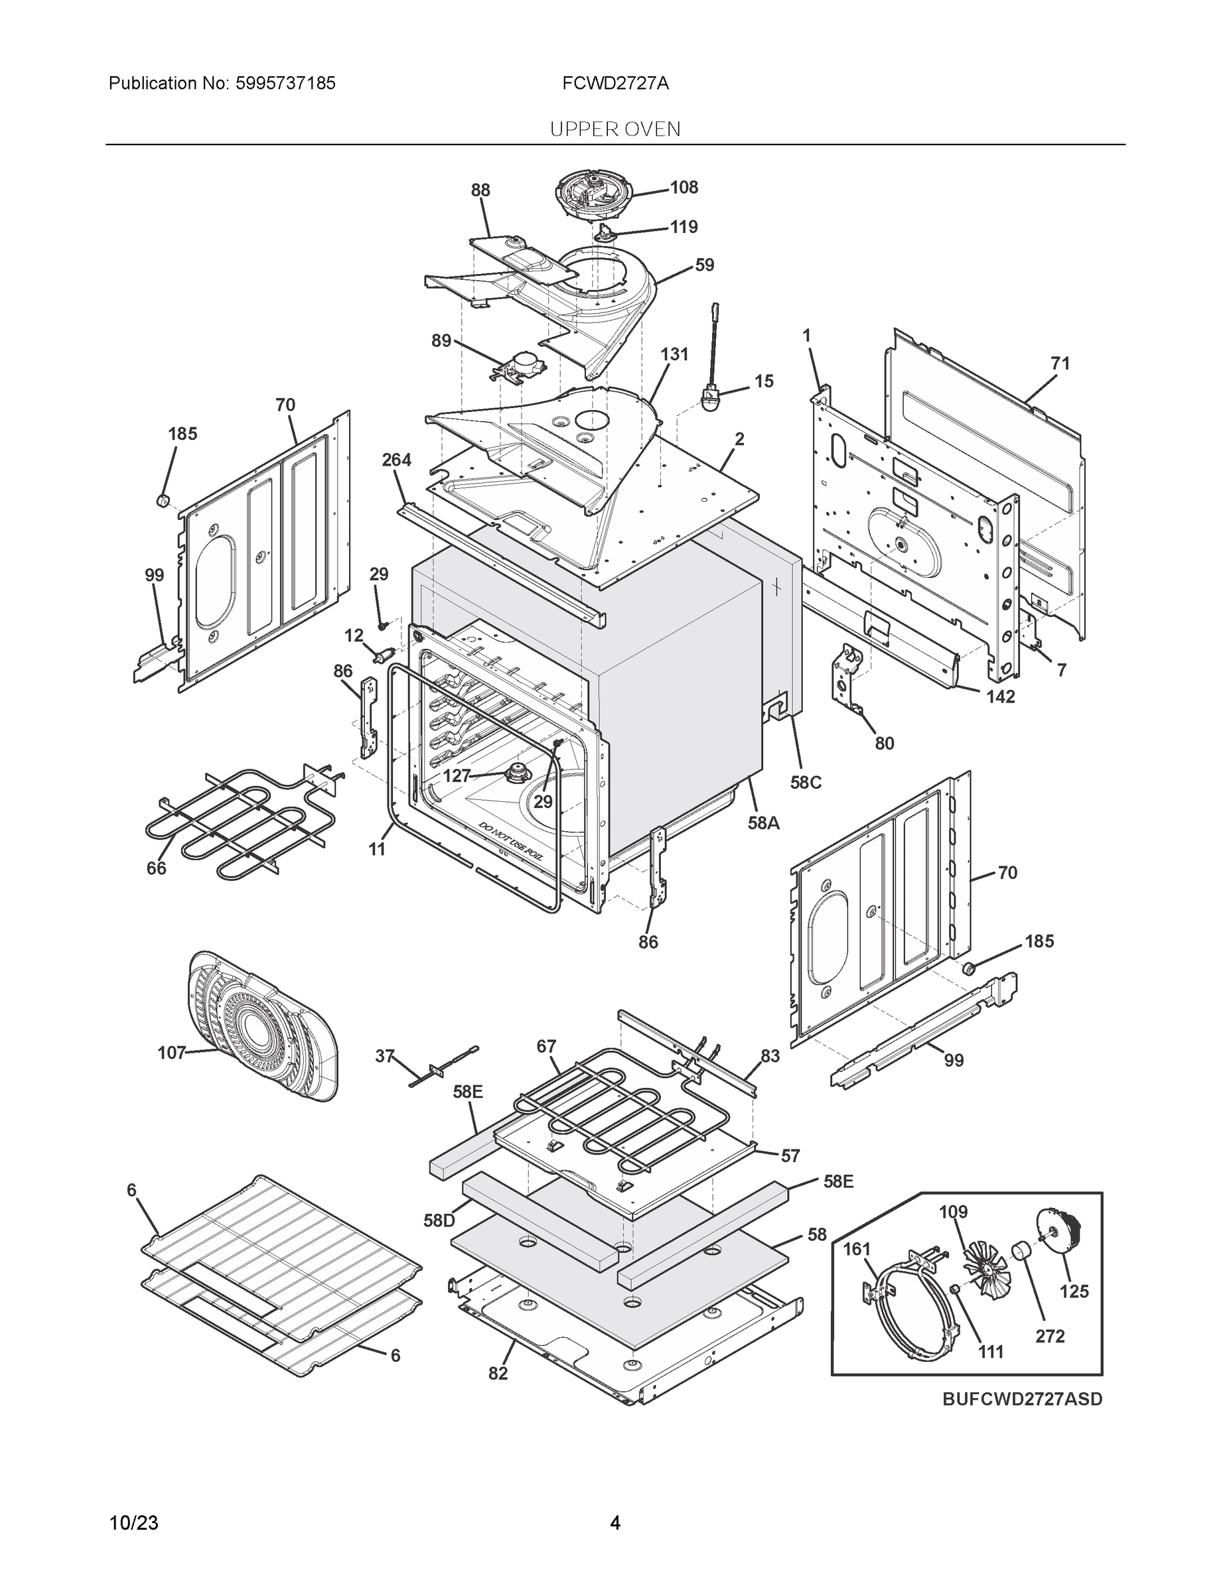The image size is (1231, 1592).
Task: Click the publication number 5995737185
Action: point(285,83)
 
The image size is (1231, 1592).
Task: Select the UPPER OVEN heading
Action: point(615,129)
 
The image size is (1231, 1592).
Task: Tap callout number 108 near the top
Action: point(684,187)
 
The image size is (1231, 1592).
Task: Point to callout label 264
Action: point(396,460)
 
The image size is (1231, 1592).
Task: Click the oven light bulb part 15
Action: point(708,399)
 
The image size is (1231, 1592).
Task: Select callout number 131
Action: point(674,354)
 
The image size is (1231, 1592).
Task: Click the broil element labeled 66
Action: point(234,824)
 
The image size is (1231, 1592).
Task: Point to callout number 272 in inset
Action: point(1049,1336)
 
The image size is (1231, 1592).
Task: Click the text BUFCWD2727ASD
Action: point(1022,1400)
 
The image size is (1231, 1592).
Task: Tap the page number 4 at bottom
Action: point(615,1523)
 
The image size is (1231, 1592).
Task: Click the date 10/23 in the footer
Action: point(133,1523)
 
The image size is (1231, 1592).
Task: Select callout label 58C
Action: point(805,782)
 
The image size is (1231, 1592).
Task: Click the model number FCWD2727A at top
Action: point(615,83)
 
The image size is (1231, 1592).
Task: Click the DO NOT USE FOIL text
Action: point(510,842)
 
